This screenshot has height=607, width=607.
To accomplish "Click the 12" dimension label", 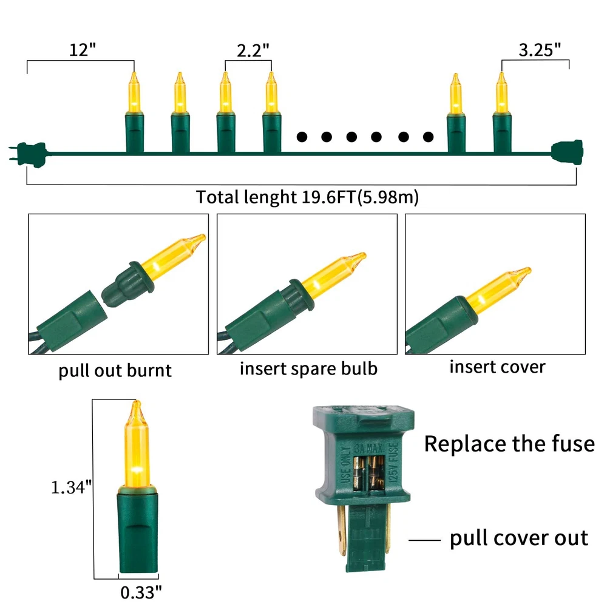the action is coord(82,50).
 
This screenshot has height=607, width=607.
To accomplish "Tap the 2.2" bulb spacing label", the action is coord(253,50).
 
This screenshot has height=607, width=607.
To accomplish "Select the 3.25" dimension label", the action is coord(540,50).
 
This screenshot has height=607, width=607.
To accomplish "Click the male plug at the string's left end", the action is coord(29,155).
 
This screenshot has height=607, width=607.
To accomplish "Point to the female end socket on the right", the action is coord(568,152).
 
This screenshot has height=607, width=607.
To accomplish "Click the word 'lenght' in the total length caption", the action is coord(270,197).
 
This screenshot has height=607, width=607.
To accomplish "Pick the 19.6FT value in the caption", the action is coord(328,197).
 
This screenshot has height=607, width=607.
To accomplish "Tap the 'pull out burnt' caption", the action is coord(115,370).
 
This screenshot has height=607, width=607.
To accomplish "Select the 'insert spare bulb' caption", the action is coord(308,368).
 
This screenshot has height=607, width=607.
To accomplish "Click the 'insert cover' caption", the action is coord(498,367).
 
